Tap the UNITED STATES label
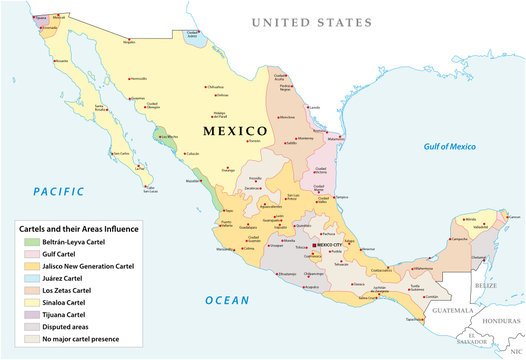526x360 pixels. (310, 21)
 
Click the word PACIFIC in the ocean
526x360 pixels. (62, 190)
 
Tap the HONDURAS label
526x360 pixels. (500, 320)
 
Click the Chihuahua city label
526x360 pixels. (217, 87)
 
